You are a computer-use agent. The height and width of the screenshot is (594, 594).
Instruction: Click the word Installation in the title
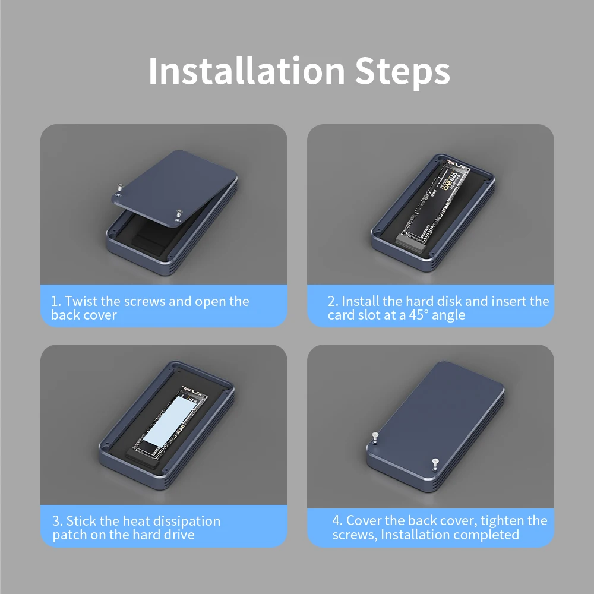247,71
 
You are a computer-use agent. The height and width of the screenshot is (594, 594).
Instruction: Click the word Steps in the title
402,72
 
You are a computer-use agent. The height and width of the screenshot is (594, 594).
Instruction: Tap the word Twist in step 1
81,301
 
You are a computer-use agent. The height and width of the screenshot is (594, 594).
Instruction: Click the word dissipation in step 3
184,522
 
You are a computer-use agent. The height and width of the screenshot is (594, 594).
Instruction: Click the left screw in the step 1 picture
120,189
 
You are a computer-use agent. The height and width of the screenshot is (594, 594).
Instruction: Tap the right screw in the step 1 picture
179,216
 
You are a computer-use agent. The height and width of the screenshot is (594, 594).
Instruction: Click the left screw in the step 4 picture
375,438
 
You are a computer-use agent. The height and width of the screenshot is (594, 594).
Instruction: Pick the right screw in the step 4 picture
435,464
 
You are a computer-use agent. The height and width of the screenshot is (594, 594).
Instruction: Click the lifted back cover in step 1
175,187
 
